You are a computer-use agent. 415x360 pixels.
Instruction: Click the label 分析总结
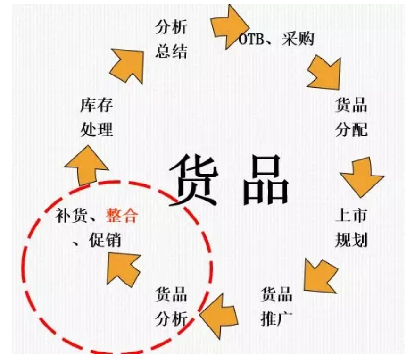[x=171, y=39]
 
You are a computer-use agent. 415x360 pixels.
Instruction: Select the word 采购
[x=298, y=39]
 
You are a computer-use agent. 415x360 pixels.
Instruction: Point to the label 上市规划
[x=351, y=228]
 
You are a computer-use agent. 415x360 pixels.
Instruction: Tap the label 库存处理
[x=97, y=117]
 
